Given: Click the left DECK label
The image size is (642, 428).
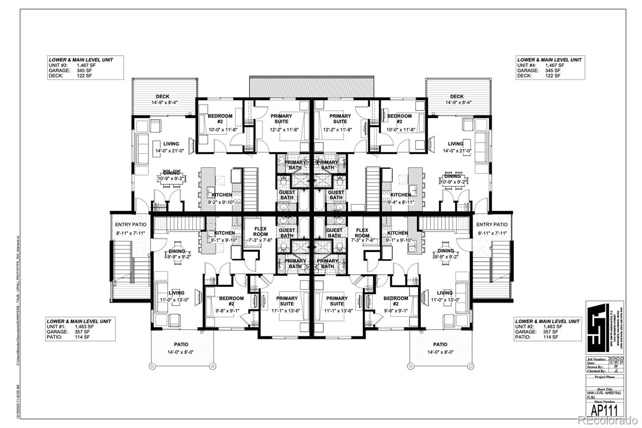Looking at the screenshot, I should [163, 96].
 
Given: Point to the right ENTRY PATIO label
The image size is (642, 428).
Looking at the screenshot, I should [492, 225].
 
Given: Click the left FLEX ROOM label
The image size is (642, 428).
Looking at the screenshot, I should [260, 232].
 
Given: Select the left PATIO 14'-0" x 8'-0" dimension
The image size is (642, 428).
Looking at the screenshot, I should [181, 353].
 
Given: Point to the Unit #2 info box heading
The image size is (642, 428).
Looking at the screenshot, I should [547, 321].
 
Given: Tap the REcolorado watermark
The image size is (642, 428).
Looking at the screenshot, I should [607, 420].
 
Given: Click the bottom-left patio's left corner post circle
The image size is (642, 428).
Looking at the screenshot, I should [152, 366].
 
